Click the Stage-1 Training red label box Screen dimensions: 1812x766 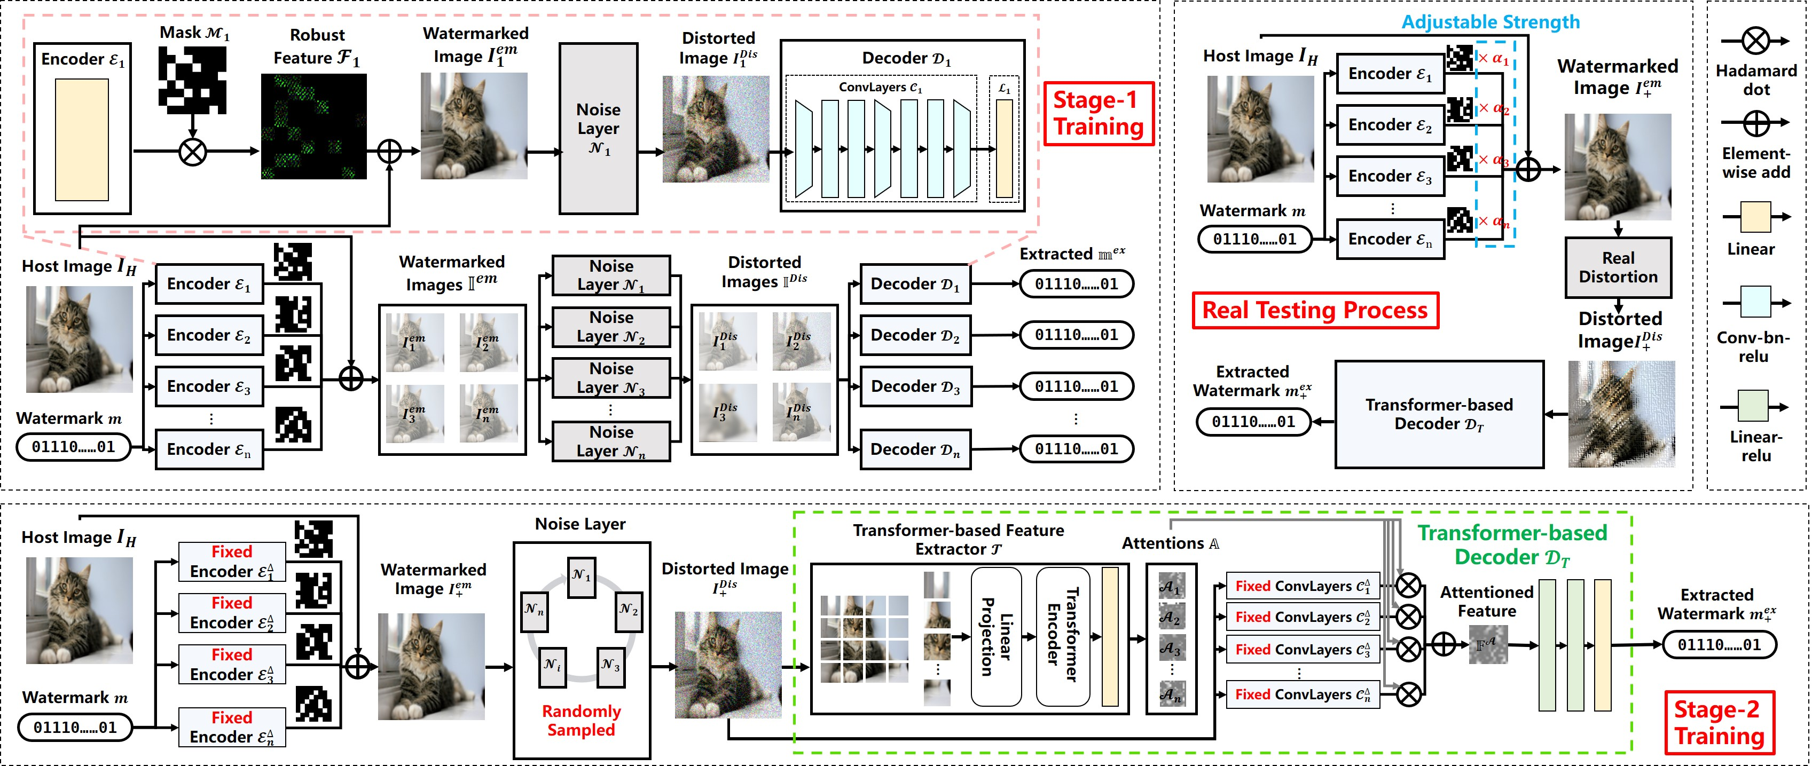click(1098, 113)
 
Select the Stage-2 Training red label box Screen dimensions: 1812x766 click(1719, 722)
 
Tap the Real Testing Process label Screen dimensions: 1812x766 click(1315, 310)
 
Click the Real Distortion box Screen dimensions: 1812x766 click(1618, 267)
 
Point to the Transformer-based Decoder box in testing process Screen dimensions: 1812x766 click(1439, 414)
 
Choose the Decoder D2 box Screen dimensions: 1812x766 click(915, 336)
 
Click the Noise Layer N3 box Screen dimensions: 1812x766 click(611, 378)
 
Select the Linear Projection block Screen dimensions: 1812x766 click(996, 637)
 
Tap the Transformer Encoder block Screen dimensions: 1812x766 click(1062, 637)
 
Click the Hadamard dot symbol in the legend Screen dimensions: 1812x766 click(1756, 41)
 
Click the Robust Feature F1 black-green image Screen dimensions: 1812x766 click(313, 127)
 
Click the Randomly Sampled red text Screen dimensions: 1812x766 click(581, 720)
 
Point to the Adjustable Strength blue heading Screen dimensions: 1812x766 click(1491, 22)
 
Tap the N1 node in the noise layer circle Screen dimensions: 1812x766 click(582, 576)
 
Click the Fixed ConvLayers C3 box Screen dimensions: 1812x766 click(1303, 649)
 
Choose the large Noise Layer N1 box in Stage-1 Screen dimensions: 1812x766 click(599, 129)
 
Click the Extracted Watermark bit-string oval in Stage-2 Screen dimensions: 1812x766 click(1719, 644)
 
